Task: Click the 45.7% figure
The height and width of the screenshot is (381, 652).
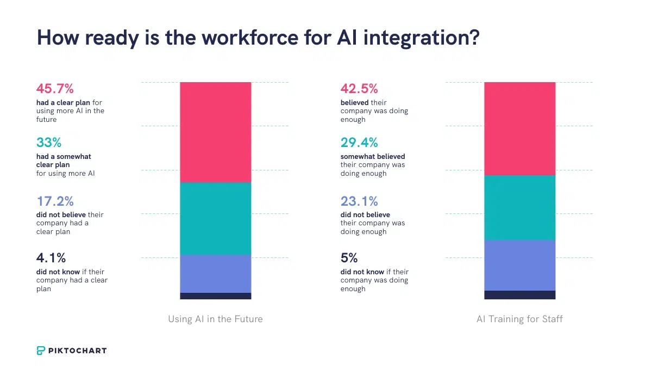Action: tap(55, 89)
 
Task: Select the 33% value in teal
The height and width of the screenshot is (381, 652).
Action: tap(49, 143)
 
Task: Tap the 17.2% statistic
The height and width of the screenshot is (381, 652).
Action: tap(54, 201)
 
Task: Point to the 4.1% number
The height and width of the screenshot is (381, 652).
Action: tap(51, 258)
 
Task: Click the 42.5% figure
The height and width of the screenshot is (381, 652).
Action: tap(359, 89)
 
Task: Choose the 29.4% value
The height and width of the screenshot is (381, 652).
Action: tap(359, 143)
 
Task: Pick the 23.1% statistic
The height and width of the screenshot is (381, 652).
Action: tap(359, 201)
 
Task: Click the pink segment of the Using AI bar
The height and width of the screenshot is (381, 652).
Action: tap(215, 132)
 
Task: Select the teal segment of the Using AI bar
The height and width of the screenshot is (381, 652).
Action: tap(215, 218)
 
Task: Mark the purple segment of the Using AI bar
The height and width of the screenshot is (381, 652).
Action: tap(215, 274)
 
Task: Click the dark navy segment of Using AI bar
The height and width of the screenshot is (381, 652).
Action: tap(215, 296)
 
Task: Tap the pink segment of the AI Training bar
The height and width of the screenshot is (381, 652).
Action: tap(519, 128)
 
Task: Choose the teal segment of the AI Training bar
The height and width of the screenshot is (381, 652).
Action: tap(519, 207)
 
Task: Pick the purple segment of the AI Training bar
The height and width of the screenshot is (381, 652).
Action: tap(519, 265)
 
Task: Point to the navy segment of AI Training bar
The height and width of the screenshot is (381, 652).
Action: tap(519, 295)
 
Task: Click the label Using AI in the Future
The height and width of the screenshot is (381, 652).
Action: tap(215, 319)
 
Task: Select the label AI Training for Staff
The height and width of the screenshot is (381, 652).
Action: tap(519, 319)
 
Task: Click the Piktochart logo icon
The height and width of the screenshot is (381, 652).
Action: tap(41, 351)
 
